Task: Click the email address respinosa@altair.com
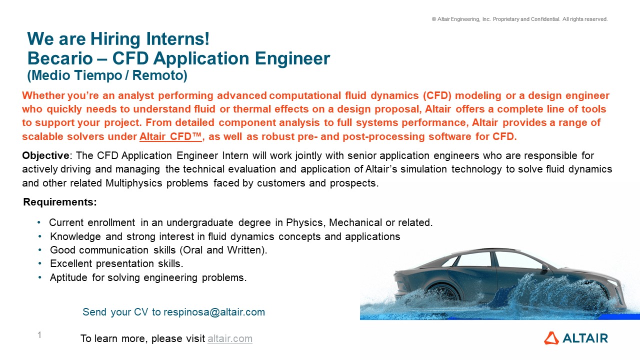pos(214,312)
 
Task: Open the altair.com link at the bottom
pos(229,338)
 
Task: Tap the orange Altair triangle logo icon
pos(551,338)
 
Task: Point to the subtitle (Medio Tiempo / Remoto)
pos(107,75)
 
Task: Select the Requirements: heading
pos(60,202)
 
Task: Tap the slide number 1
pos(39,335)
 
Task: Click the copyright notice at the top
pos(519,19)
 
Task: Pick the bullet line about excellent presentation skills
pos(116,263)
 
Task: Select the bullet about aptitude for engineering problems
pos(148,277)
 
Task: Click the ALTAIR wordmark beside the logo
pos(585,338)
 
